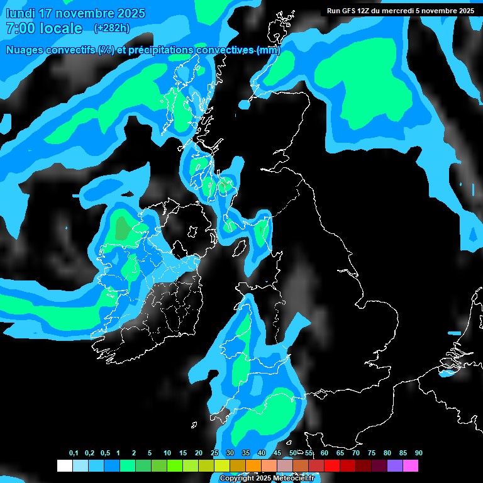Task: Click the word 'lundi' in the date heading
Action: click(21, 13)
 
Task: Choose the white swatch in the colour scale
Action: click(64, 466)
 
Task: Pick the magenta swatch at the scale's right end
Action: click(411, 466)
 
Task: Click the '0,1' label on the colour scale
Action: click(74, 453)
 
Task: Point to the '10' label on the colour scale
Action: click(167, 453)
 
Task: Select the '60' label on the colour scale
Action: click(324, 453)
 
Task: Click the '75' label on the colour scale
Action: click(371, 453)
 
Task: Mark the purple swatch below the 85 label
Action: click(395, 466)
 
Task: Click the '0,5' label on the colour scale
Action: click(105, 453)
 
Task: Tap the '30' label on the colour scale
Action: click(230, 453)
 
